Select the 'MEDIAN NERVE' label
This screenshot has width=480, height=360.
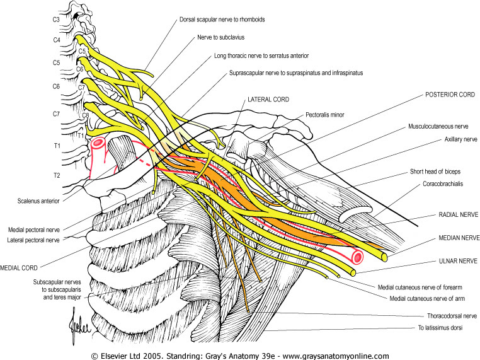[x=455, y=238]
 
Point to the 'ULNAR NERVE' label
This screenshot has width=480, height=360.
[x=456, y=258]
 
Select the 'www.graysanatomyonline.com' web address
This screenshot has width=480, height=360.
[x=334, y=355]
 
